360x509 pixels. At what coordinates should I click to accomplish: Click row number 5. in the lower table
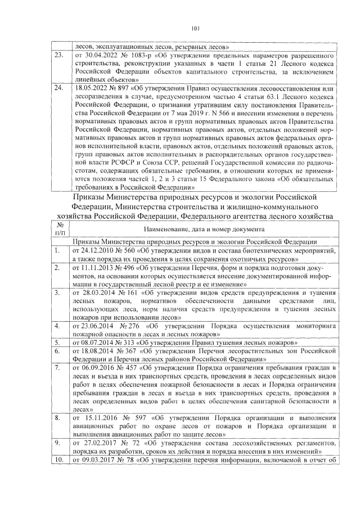coord(57,342)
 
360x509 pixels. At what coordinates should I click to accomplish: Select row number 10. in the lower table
coord(59,461)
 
